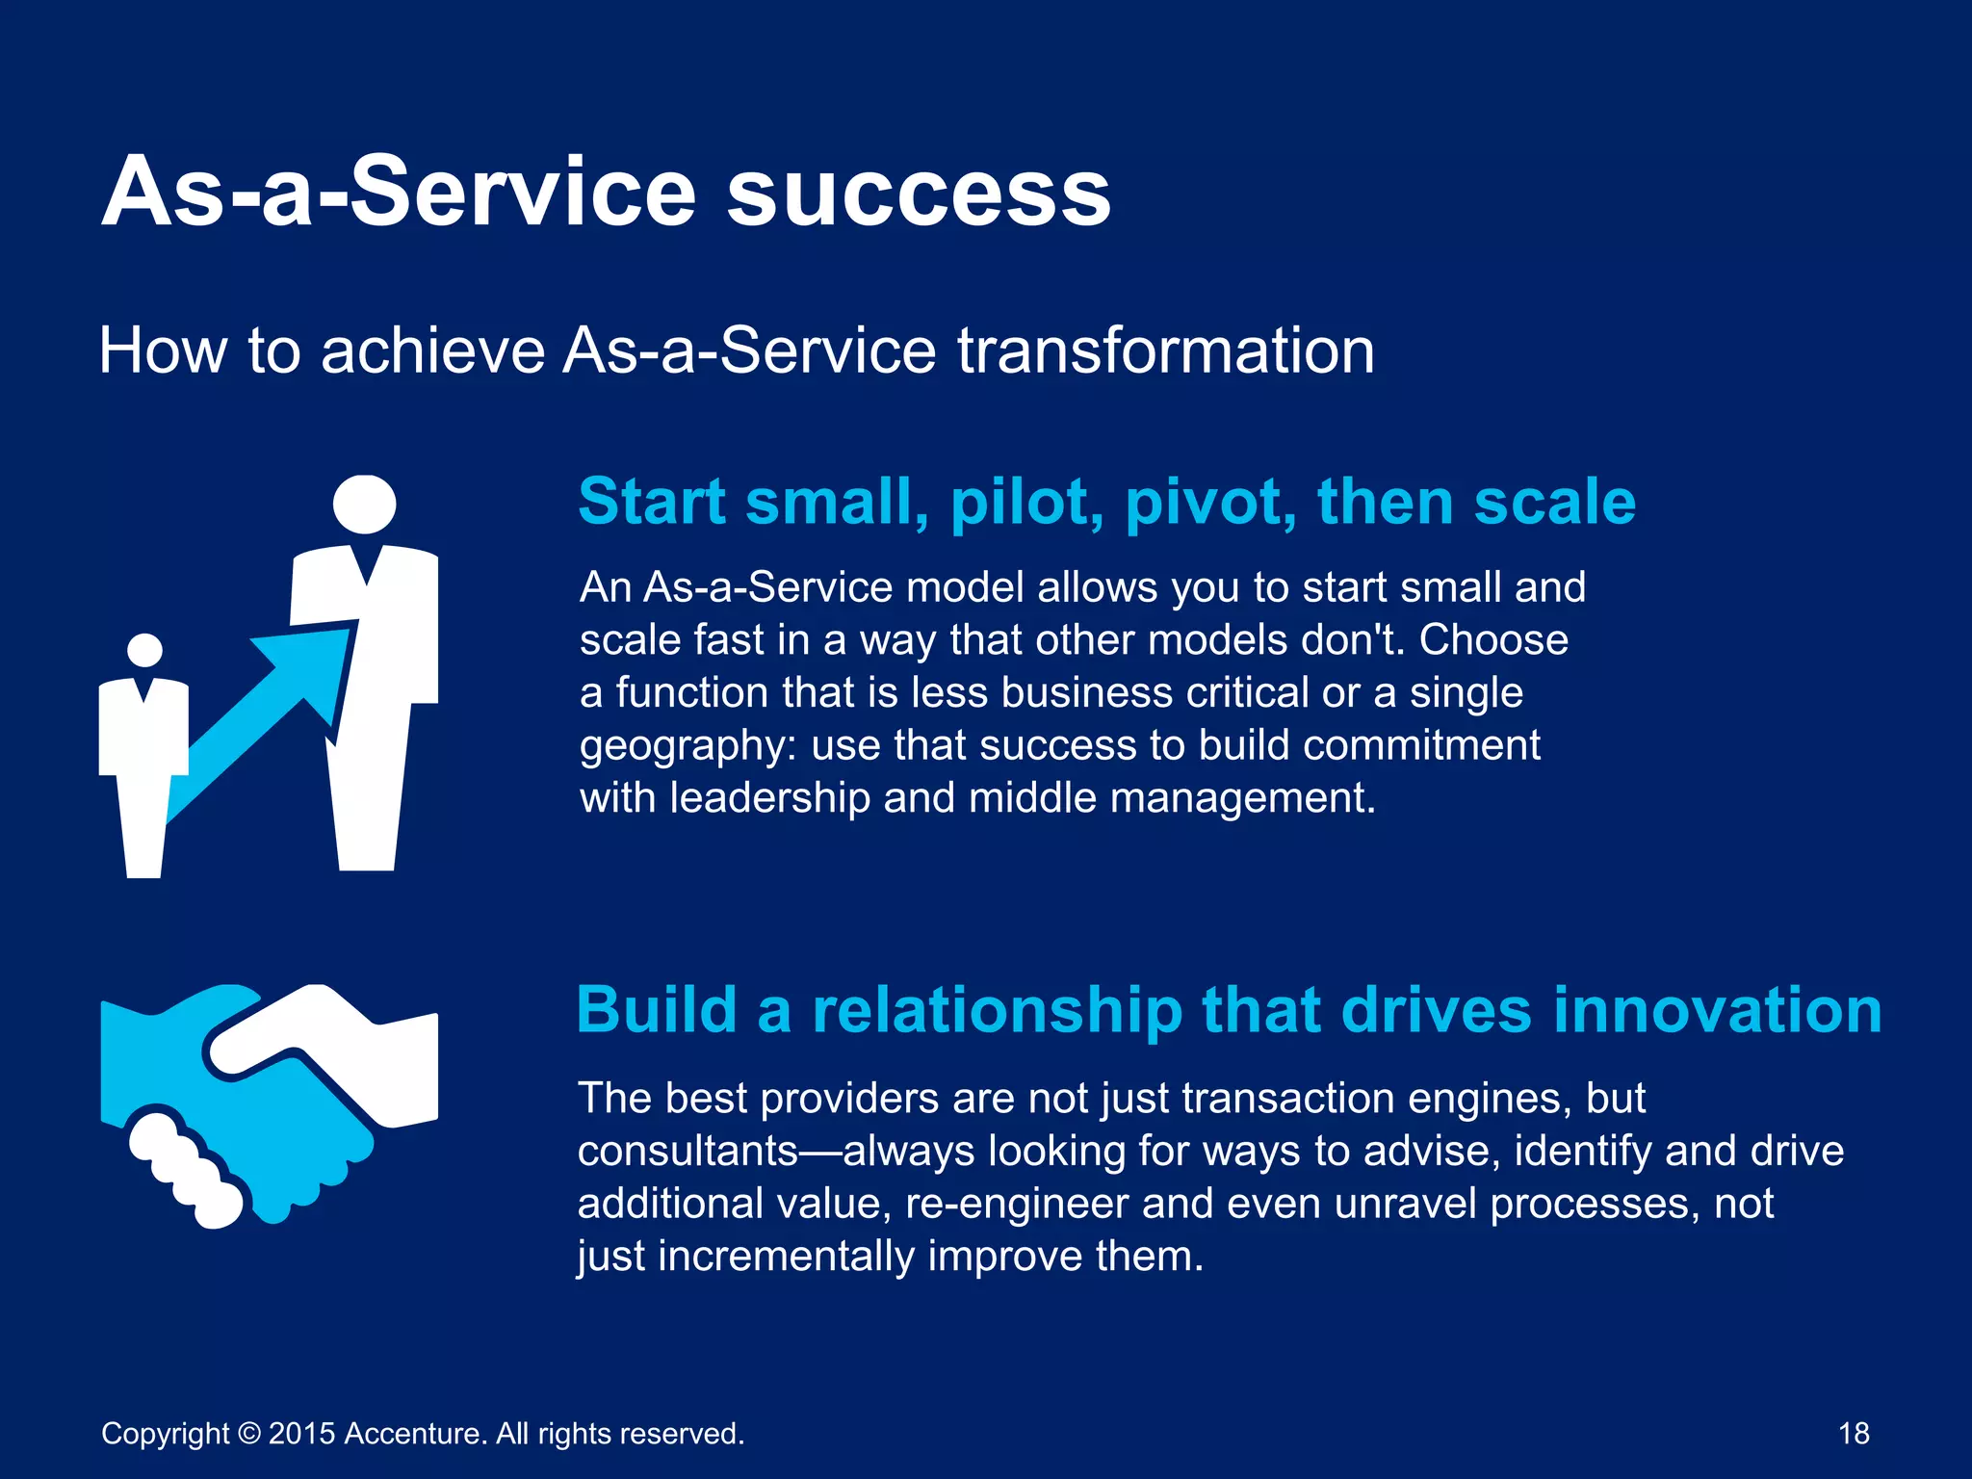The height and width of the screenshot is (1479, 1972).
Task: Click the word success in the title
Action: (919, 193)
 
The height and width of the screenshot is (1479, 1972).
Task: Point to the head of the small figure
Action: (145, 651)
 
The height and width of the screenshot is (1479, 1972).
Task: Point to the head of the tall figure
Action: (364, 504)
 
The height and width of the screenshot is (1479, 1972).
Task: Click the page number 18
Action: (1853, 1434)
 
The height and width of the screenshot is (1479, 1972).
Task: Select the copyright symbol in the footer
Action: (249, 1434)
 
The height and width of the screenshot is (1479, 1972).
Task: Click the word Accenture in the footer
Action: (414, 1434)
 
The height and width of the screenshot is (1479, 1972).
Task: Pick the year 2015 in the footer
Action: (301, 1434)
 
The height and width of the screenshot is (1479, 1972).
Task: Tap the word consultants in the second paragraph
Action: (688, 1152)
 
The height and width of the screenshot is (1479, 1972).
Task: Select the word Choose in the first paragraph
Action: (1493, 640)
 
